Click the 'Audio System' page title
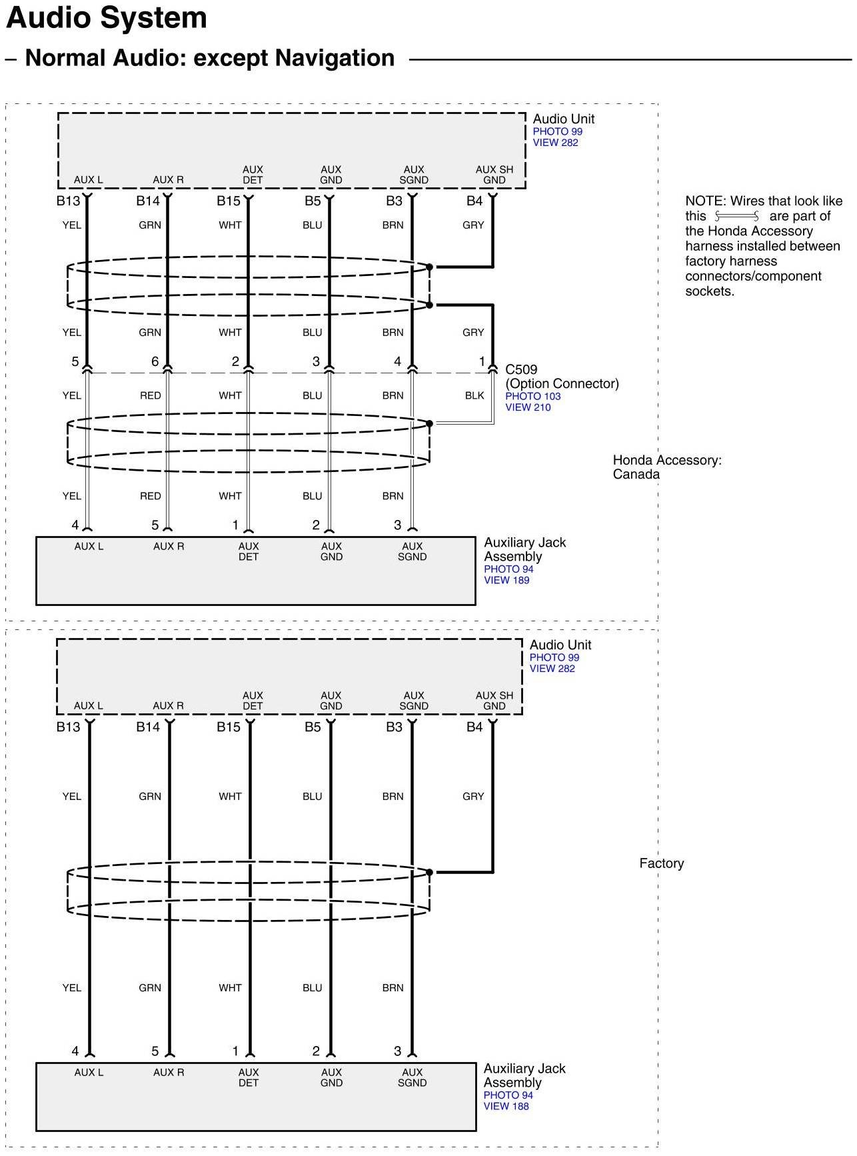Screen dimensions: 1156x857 (x=107, y=18)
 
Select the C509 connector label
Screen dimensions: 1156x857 (x=521, y=369)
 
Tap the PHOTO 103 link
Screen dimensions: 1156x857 (x=532, y=396)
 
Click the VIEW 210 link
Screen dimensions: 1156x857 (x=528, y=407)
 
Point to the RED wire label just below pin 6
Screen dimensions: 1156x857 (x=150, y=395)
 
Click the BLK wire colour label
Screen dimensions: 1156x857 (x=474, y=395)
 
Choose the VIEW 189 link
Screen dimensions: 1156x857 (x=506, y=580)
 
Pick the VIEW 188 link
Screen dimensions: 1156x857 (x=506, y=1106)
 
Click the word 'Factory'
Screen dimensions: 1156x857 (x=661, y=863)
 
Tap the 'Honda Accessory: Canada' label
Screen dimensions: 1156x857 (x=666, y=467)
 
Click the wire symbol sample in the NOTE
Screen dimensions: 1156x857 (x=736, y=216)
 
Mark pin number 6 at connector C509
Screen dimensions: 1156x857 (x=155, y=361)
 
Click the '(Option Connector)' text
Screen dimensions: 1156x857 (x=562, y=383)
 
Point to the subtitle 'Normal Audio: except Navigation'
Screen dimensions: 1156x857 (x=209, y=58)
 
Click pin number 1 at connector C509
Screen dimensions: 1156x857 (x=482, y=361)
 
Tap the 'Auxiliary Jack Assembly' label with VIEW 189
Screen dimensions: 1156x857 (x=524, y=549)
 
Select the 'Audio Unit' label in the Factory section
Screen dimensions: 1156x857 (x=560, y=645)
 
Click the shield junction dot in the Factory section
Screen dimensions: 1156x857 (x=430, y=872)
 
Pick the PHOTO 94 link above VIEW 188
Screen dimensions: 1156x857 (x=508, y=1095)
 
